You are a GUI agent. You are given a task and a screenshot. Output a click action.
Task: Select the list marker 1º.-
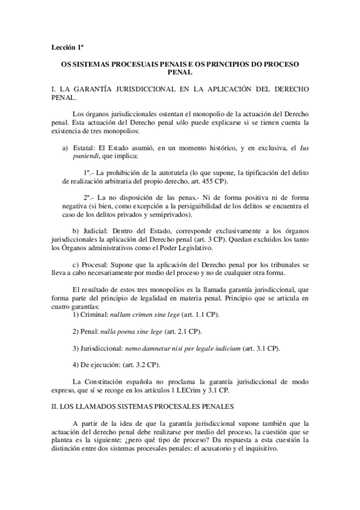coord(90,173)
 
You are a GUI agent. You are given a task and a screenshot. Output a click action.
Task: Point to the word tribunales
coord(281,265)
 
